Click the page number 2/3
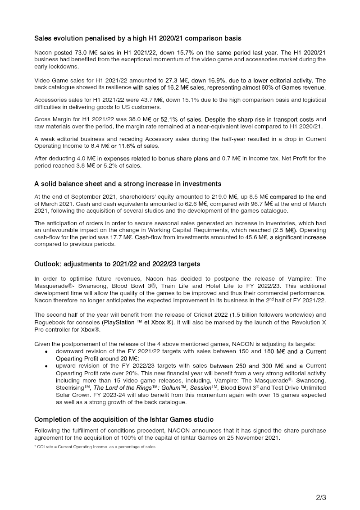click(321, 498)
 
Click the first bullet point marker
click(47, 351)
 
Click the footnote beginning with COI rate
click(95, 447)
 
